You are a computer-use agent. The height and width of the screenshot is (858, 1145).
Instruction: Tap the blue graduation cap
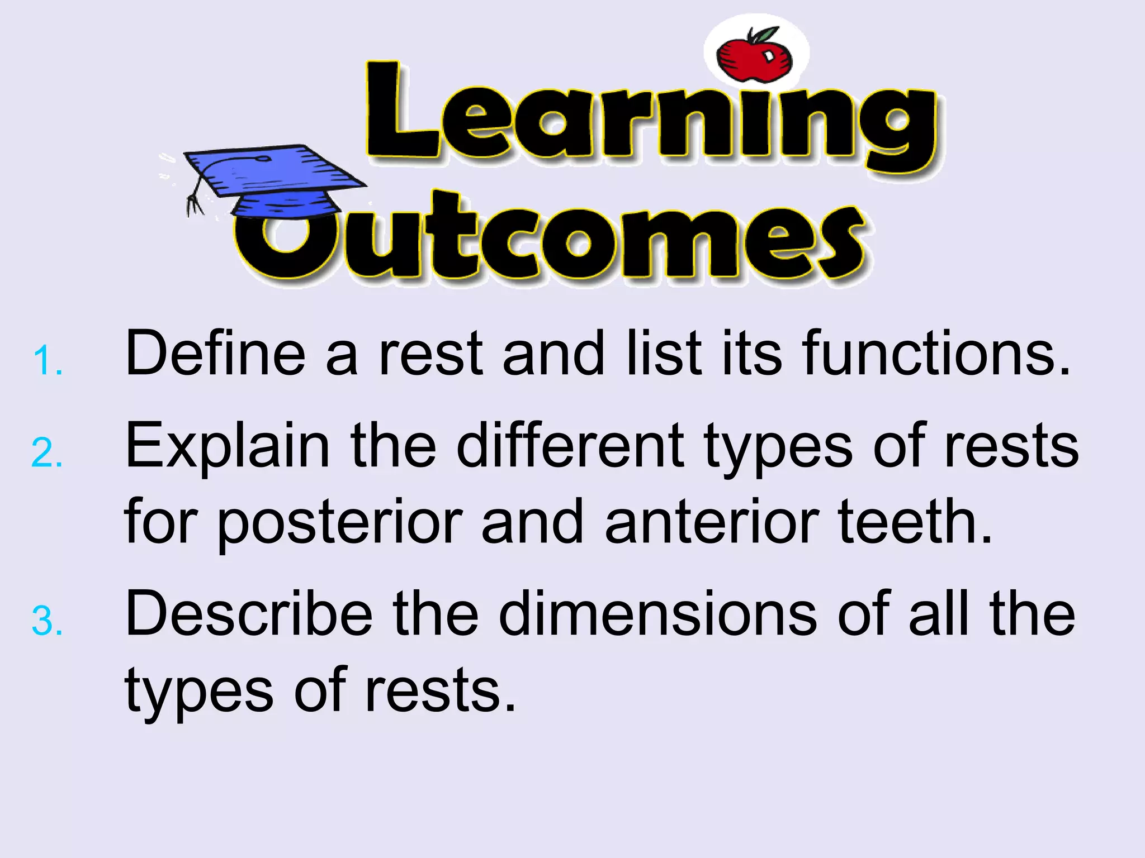point(274,179)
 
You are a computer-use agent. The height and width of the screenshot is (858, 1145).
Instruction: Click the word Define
point(215,353)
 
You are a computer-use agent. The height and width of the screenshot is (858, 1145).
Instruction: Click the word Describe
point(249,614)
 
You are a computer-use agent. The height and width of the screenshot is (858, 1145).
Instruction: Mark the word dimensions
point(657,614)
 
